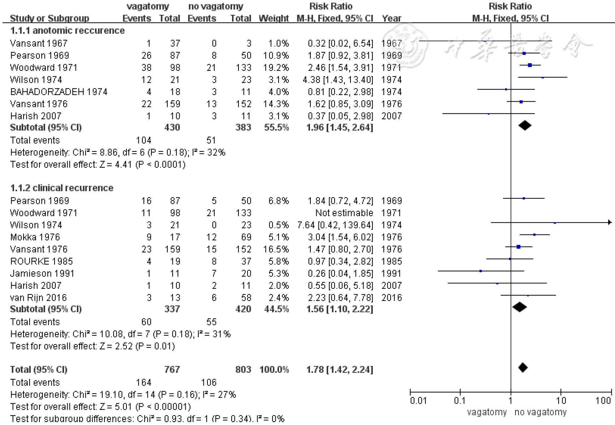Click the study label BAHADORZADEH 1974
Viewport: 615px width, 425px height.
[59, 92]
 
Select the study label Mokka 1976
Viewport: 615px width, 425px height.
[35, 237]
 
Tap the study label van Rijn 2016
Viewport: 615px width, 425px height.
[38, 298]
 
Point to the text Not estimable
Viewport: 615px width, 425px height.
[344, 213]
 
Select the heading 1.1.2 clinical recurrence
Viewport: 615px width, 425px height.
[62, 188]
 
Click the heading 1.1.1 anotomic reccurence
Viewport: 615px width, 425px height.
[67, 31]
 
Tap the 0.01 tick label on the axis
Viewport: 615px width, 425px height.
[418, 400]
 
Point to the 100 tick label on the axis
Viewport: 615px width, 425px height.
[603, 400]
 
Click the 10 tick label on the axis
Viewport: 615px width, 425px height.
[561, 400]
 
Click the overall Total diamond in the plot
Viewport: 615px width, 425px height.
[523, 368]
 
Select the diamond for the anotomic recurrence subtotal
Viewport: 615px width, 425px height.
[525, 126]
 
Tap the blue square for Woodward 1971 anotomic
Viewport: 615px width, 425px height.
[530, 65]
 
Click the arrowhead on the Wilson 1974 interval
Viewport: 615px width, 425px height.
[610, 222]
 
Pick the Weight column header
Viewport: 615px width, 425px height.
[274, 18]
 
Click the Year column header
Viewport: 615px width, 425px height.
[391, 18]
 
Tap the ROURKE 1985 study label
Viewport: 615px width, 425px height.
[42, 261]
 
